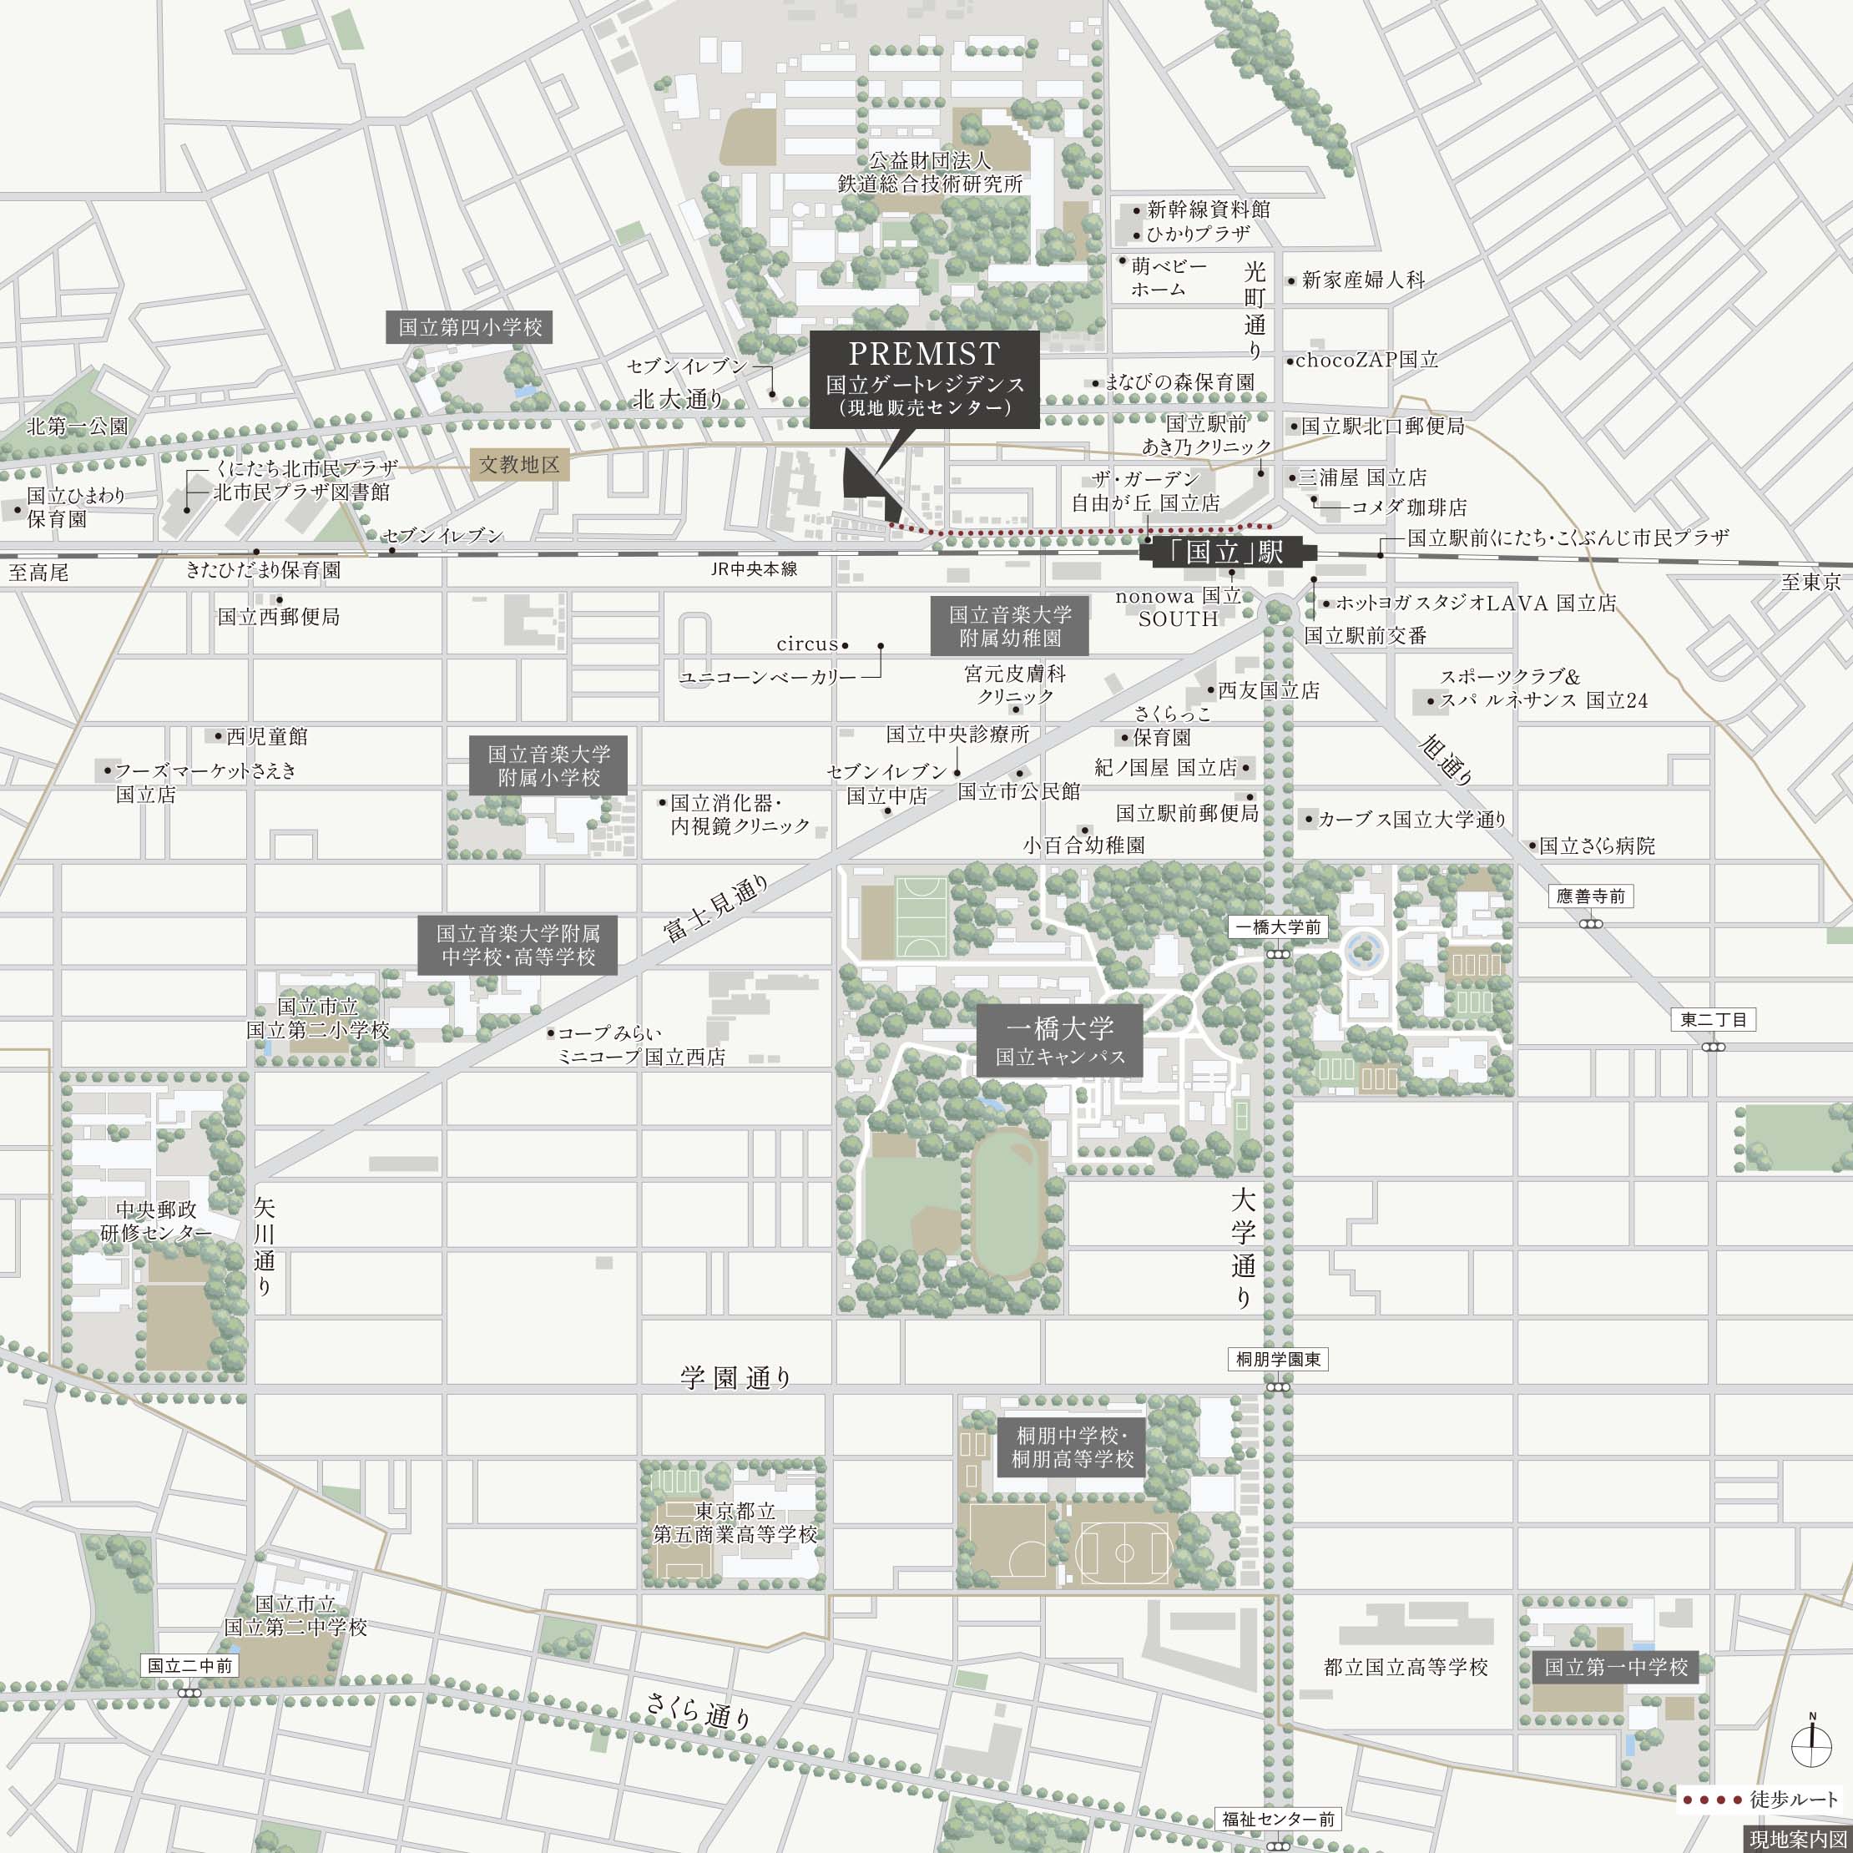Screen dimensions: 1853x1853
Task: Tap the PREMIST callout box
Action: [x=924, y=380]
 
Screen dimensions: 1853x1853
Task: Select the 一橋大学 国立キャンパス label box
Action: [x=1060, y=1042]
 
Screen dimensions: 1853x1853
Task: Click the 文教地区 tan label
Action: [x=519, y=465]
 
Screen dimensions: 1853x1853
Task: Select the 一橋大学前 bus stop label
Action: [x=1278, y=927]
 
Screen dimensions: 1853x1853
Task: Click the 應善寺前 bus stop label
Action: [x=1590, y=896]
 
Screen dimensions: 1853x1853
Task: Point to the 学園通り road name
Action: [x=735, y=1378]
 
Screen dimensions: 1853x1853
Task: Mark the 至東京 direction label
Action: [x=1810, y=582]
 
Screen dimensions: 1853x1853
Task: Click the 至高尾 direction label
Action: [x=38, y=573]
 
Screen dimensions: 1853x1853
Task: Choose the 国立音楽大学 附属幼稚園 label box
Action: [x=1010, y=626]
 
